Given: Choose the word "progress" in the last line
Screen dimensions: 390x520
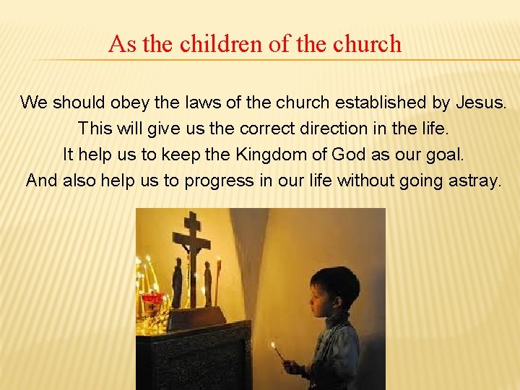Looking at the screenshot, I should tap(220, 181).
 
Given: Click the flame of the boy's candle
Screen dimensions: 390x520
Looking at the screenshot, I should tap(273, 346).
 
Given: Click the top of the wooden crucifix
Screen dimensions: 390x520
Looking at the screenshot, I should tap(191, 216).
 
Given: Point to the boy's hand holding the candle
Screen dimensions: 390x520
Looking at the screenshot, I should tap(292, 368).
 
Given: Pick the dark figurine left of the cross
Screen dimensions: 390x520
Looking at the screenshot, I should tap(177, 283).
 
